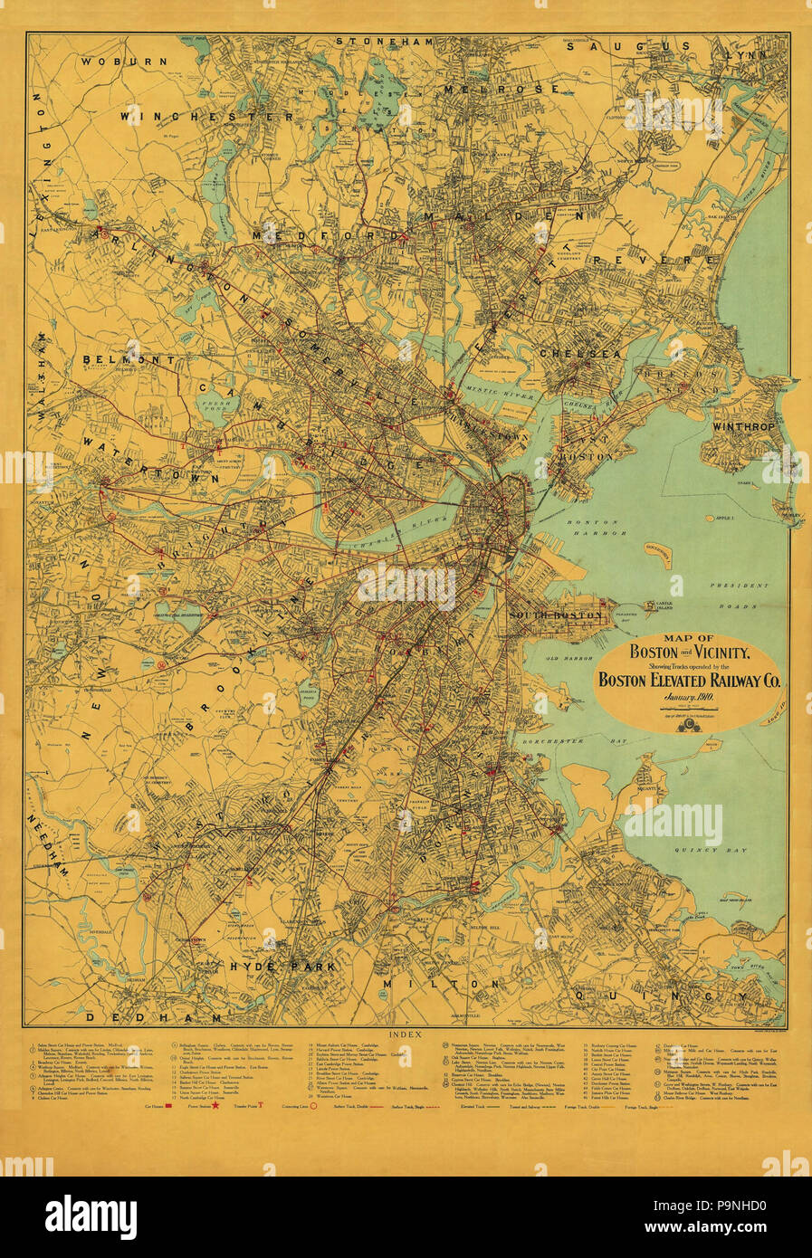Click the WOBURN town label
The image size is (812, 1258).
tap(123, 61)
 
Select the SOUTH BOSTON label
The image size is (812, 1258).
tap(555, 615)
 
